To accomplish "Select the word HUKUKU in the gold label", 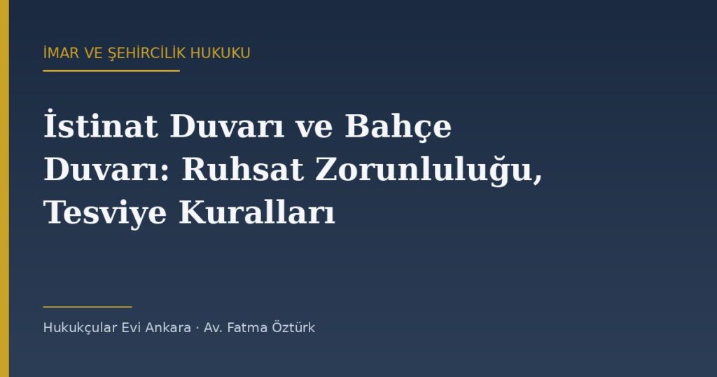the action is click(221, 53).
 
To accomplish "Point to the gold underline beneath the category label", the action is click(111, 71).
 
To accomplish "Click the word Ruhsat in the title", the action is click(242, 170).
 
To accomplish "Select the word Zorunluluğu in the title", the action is click(428, 171).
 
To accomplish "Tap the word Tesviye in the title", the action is click(105, 214).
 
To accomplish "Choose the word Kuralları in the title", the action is click(256, 213).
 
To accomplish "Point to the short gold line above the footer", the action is click(88, 307).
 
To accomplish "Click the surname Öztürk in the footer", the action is click(293, 327).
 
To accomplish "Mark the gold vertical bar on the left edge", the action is click(5, 188).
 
